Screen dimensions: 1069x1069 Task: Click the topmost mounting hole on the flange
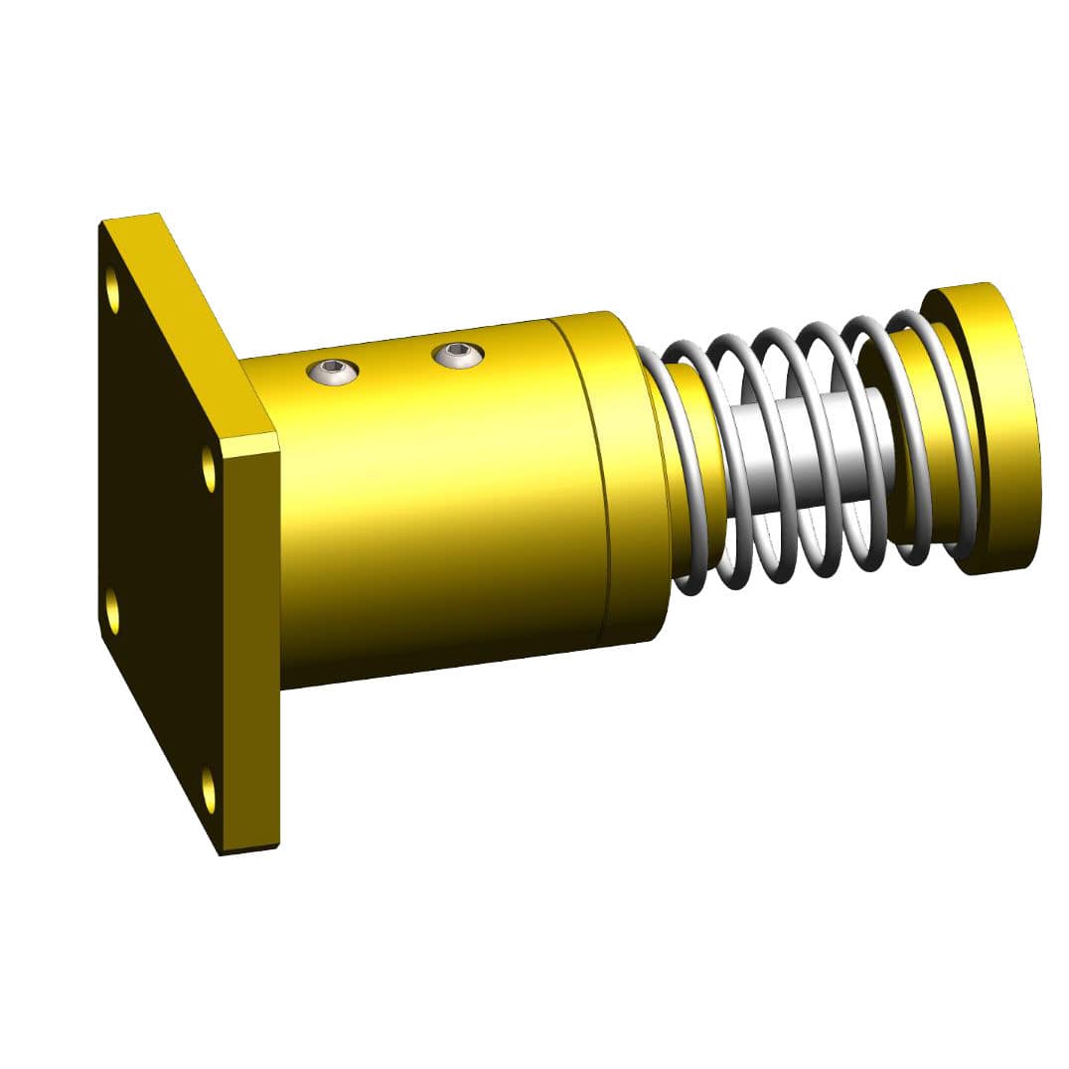(112, 289)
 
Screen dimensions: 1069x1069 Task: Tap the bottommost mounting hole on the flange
(209, 790)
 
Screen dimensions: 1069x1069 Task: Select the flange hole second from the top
(209, 469)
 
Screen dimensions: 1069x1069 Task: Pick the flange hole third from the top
(112, 610)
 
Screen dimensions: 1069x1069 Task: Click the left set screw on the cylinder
(333, 373)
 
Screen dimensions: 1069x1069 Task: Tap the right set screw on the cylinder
(458, 353)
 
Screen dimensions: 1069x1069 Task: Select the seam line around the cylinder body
(594, 477)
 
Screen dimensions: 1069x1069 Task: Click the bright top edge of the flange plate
(189, 318)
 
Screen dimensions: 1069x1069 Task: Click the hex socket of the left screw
(333, 373)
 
